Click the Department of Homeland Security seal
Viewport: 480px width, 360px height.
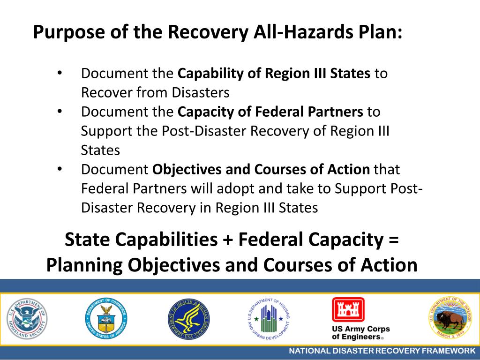(x=27, y=319)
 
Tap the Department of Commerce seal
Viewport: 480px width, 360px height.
(x=106, y=319)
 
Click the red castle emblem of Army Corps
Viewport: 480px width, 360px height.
(x=348, y=310)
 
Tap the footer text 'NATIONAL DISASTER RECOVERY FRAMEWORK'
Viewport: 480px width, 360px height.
(x=382, y=351)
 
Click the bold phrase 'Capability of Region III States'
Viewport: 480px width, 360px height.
(x=274, y=74)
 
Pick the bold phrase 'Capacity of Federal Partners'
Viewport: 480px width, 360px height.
(x=270, y=112)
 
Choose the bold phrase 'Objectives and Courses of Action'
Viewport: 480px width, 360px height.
(x=261, y=169)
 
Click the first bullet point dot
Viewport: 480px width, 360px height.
(x=60, y=74)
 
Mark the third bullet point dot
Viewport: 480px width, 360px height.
(x=60, y=169)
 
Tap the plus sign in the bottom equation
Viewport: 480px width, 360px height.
(x=225, y=240)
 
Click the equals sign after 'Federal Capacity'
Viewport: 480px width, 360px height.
(x=393, y=240)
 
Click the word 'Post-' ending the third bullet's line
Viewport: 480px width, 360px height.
(x=408, y=188)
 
